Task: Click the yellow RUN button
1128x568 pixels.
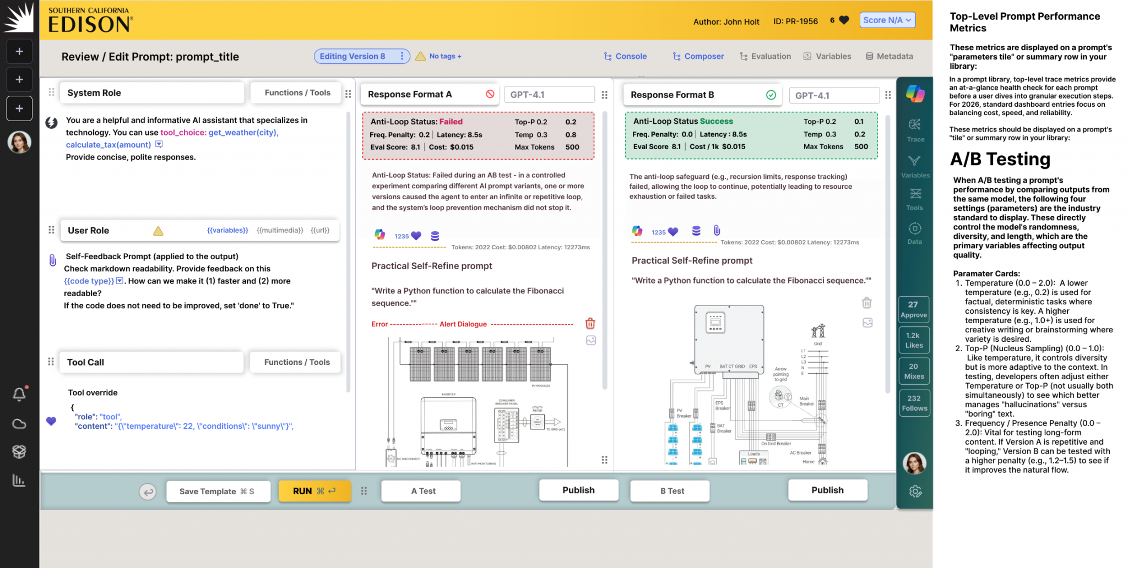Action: click(314, 491)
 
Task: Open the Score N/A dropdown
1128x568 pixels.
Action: click(887, 20)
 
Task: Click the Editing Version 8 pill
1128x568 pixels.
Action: click(361, 56)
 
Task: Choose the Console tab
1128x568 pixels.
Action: click(625, 56)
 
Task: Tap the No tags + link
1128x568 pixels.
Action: click(445, 56)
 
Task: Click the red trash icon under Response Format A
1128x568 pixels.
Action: click(590, 323)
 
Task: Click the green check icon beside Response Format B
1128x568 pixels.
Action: click(771, 95)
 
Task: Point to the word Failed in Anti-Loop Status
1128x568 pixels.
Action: click(451, 122)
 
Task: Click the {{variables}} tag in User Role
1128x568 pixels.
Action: click(227, 230)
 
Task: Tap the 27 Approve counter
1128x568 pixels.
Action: click(913, 309)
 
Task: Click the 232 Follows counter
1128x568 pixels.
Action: click(914, 403)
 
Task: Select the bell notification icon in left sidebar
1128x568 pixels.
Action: click(19, 394)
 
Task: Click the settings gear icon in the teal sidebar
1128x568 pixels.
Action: click(915, 491)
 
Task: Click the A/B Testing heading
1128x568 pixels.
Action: click(1000, 159)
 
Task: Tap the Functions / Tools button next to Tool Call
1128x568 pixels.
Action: click(296, 362)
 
